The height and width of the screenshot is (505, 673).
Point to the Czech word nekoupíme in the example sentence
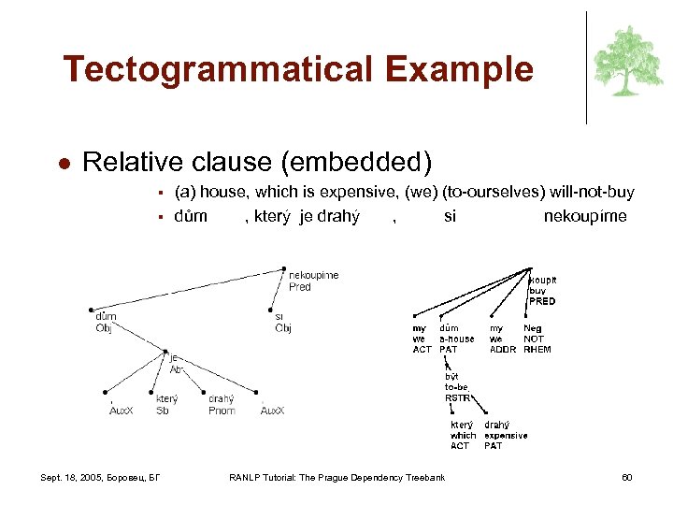[x=585, y=216]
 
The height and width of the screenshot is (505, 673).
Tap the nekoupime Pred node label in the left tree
[x=313, y=281]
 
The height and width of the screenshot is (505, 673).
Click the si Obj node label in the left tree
[x=282, y=323]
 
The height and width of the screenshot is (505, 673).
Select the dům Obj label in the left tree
[x=106, y=322]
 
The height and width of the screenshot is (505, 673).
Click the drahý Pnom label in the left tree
[x=222, y=404]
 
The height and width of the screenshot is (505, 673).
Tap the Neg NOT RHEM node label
[x=537, y=339]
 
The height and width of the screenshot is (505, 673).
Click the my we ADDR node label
[x=502, y=339]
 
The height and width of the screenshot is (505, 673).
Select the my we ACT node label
[x=422, y=339]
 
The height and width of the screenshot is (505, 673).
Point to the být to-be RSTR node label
[x=456, y=386]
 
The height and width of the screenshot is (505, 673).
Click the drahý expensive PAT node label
[x=505, y=435]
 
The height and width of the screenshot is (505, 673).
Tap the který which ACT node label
[x=463, y=435]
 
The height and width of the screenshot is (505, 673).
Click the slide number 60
[x=627, y=479]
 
